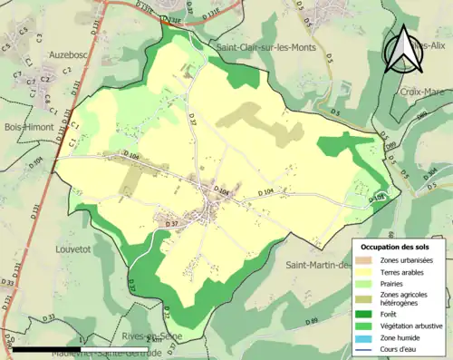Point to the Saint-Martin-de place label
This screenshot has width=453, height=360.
(x=318, y=265)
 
